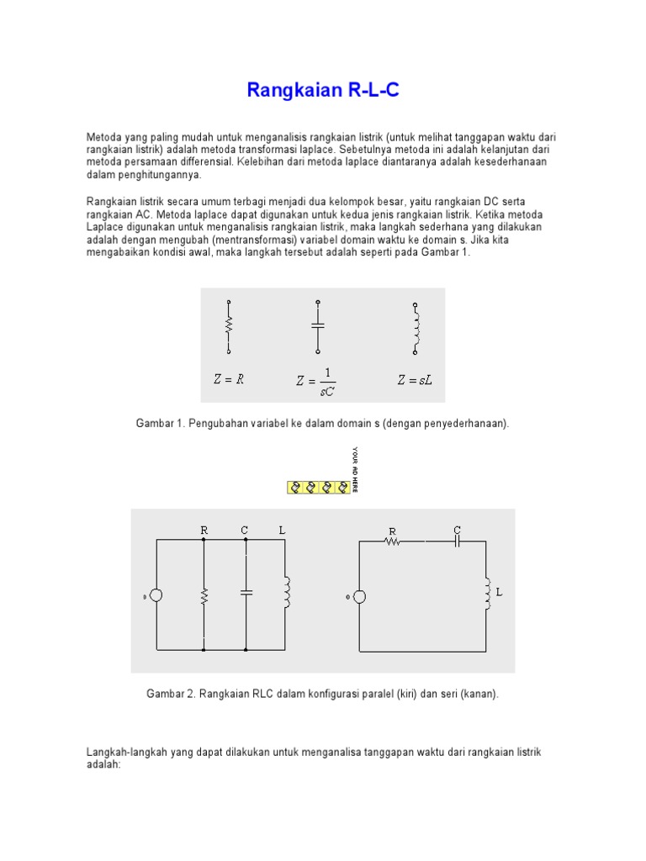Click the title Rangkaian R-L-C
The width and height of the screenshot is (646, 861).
click(323, 90)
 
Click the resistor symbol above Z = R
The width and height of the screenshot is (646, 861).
click(229, 325)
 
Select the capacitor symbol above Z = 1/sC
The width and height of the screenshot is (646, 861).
click(317, 325)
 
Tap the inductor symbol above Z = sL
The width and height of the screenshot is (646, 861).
click(415, 325)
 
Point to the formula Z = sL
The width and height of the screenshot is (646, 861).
click(415, 380)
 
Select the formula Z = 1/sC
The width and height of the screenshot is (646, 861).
click(316, 380)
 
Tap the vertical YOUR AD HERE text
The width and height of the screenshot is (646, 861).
click(355, 469)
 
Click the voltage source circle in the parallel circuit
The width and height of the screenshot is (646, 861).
click(156, 595)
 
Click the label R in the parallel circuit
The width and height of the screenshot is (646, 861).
click(204, 530)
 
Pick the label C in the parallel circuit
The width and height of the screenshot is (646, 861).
click(245, 530)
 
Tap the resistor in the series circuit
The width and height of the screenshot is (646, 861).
click(392, 542)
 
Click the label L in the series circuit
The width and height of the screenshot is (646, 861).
click(499, 592)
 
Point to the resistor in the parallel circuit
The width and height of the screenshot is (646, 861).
click(204, 595)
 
